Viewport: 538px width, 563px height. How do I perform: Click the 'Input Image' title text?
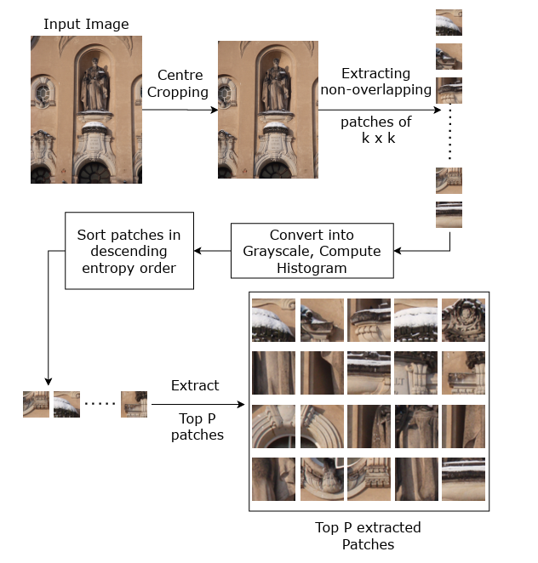(x=86, y=24)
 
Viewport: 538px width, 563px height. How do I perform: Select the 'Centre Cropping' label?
(x=180, y=83)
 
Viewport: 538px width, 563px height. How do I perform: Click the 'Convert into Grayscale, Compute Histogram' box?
(x=312, y=251)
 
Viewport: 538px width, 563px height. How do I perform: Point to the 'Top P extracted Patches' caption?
(x=368, y=536)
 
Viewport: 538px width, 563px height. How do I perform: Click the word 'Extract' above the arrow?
(x=195, y=386)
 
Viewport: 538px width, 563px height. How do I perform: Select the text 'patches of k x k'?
(x=375, y=129)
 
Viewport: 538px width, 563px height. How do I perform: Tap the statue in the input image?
(x=94, y=85)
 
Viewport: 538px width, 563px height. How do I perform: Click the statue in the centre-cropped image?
(x=275, y=85)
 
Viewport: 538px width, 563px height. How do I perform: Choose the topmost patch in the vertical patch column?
(x=449, y=22)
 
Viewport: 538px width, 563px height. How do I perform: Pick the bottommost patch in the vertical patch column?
(x=449, y=214)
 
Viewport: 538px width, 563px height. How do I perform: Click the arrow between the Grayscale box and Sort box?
(x=212, y=251)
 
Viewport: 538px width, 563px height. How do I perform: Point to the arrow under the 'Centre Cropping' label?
(x=180, y=110)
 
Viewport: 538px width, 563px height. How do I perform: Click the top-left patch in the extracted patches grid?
(x=273, y=320)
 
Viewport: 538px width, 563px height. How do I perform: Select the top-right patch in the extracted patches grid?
(x=463, y=320)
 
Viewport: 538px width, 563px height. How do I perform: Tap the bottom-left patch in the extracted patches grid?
(x=273, y=479)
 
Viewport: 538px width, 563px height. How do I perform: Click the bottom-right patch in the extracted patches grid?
(x=463, y=479)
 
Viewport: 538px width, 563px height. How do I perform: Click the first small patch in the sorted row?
(x=36, y=404)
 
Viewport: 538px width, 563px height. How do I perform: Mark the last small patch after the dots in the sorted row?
(x=134, y=404)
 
